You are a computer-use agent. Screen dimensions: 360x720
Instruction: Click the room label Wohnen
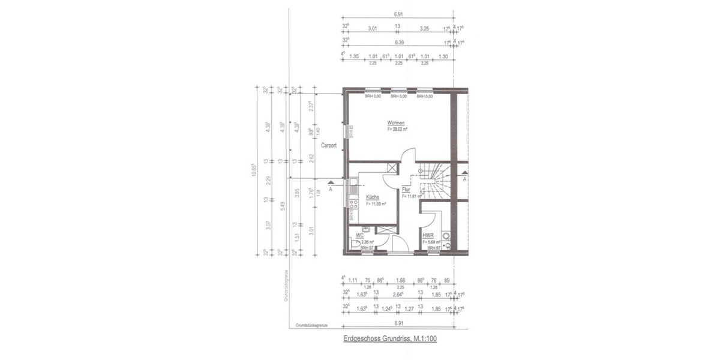tap(396, 122)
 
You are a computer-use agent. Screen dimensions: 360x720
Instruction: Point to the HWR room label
tap(428, 236)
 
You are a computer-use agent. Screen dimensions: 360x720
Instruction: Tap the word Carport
tap(328, 145)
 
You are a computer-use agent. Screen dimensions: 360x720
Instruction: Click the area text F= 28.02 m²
tap(396, 128)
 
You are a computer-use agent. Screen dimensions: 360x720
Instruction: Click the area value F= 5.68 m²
tap(431, 242)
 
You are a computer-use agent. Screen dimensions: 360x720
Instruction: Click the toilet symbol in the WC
tap(355, 245)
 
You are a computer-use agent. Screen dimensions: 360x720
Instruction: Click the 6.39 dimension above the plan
tap(398, 43)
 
